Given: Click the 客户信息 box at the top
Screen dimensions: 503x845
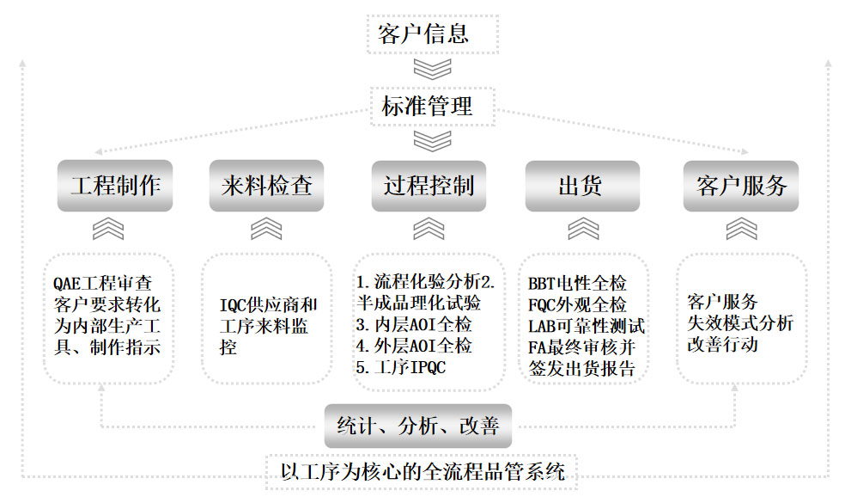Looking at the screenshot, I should pyautogui.click(x=422, y=34).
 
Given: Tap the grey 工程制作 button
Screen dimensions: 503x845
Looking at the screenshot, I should pyautogui.click(x=114, y=186).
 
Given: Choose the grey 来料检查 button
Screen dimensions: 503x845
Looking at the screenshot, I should pyautogui.click(x=266, y=186).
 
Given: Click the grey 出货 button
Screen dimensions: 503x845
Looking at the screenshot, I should pyautogui.click(x=581, y=186).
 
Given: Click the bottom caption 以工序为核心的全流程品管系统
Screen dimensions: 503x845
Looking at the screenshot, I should pyautogui.click(x=422, y=471).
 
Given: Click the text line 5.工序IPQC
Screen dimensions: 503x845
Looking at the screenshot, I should pyautogui.click(x=401, y=368).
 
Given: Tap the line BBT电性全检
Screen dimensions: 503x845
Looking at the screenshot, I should pyautogui.click(x=577, y=283).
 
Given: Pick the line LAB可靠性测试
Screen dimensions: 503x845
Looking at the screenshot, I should pyautogui.click(x=587, y=326).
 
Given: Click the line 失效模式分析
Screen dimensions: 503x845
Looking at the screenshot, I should pyautogui.click(x=740, y=322).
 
